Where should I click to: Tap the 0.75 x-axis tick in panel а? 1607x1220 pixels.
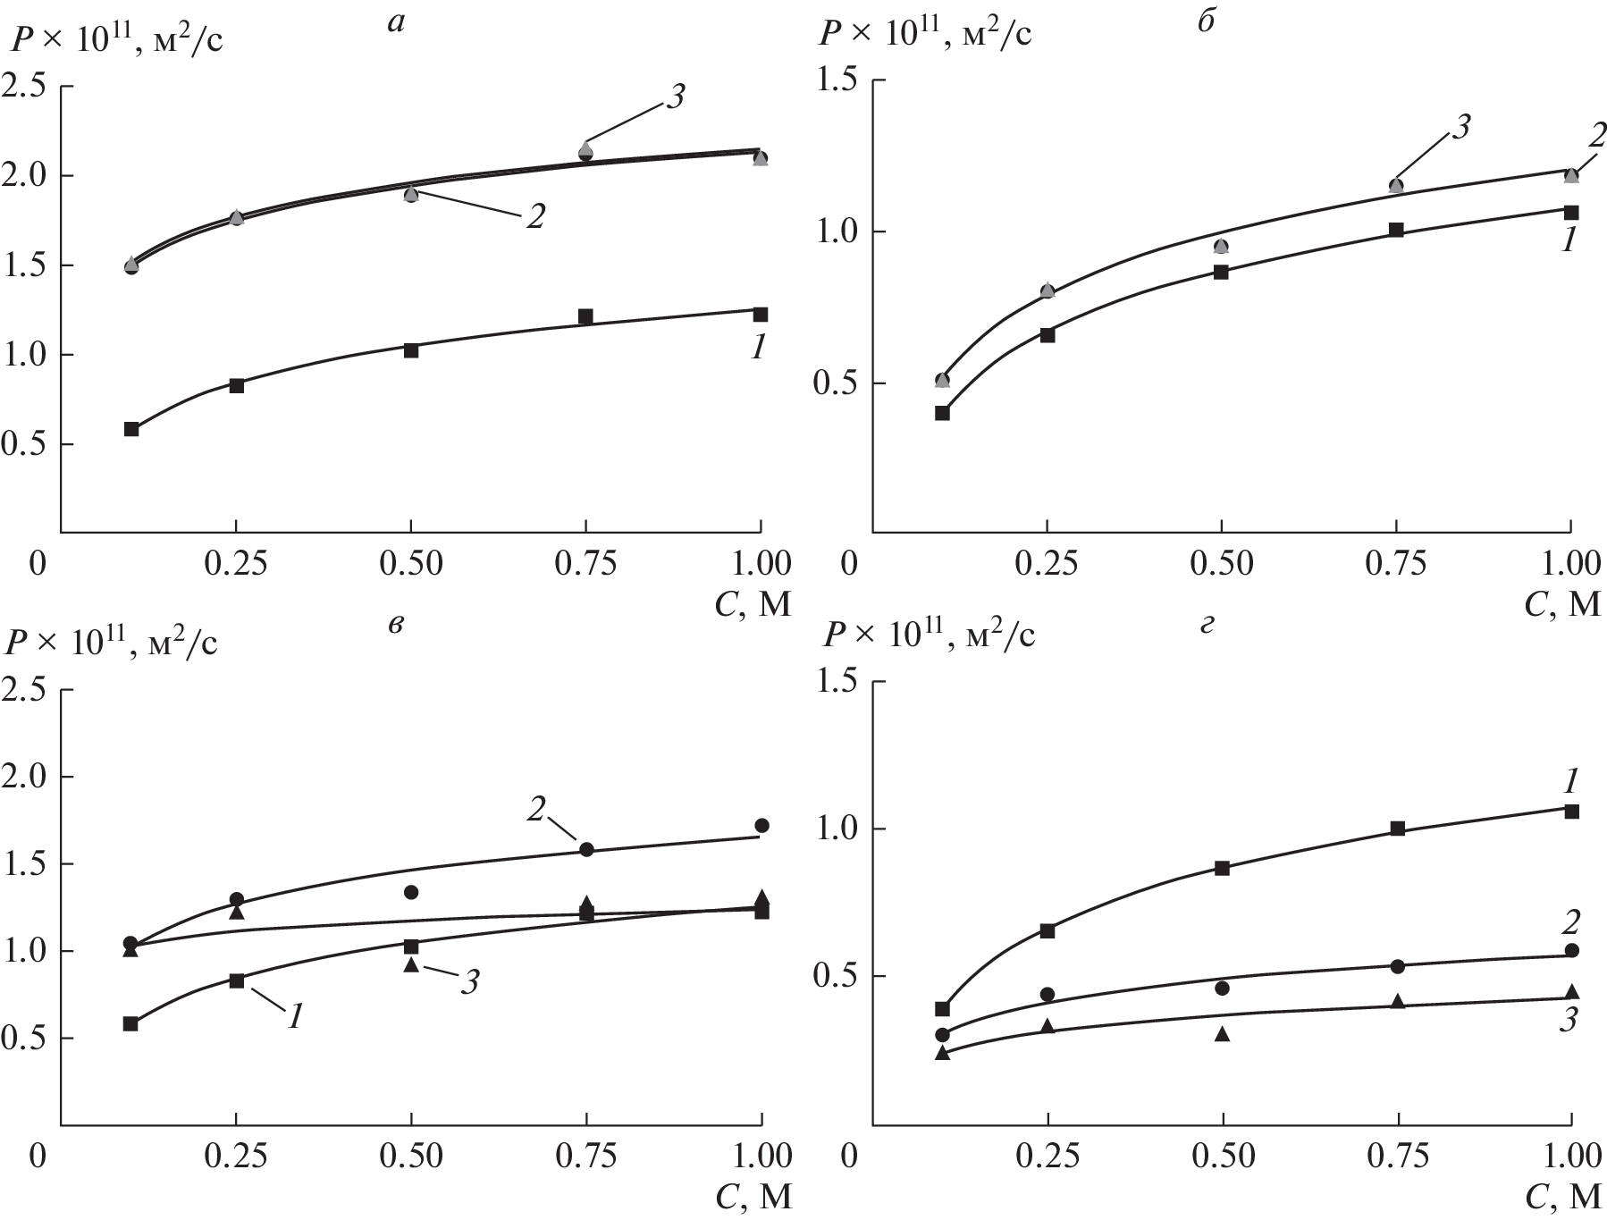[x=585, y=564]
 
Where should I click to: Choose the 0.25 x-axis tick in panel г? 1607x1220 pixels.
[x=1047, y=1156]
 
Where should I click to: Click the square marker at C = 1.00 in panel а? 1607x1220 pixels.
[x=761, y=315]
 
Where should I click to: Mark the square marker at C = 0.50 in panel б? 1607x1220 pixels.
[x=1221, y=273]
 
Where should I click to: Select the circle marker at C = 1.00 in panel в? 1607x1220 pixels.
[x=761, y=825]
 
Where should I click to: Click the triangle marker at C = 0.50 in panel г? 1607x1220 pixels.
[x=1222, y=1034]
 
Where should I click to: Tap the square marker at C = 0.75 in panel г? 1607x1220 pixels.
[x=1397, y=829]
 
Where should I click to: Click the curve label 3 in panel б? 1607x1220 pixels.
[x=1460, y=128]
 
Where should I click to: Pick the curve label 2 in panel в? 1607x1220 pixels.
[x=536, y=809]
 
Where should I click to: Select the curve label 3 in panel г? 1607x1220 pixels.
[x=1567, y=1021]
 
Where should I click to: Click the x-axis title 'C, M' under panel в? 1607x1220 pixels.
[x=753, y=1197]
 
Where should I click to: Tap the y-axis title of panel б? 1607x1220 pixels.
[x=925, y=34]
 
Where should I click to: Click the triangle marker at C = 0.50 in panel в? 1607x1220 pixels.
[x=411, y=964]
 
